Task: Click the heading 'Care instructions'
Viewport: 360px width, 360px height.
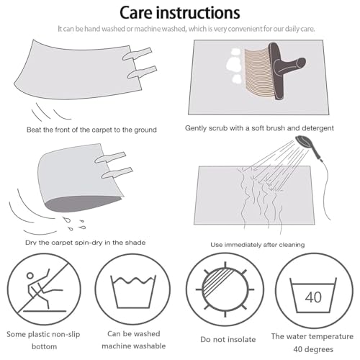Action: coord(180,12)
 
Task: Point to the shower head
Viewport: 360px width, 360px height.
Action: coord(305,142)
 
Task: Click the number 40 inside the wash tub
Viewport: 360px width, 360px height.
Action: coord(313,297)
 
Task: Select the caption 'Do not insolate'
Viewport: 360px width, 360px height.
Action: coord(228,339)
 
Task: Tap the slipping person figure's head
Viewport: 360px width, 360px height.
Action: coord(30,276)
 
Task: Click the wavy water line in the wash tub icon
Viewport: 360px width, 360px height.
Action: coord(133,280)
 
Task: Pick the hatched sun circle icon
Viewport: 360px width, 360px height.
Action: coord(225,289)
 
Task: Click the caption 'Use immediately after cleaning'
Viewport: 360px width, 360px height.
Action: coord(258,245)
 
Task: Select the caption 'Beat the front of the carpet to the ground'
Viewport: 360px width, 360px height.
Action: coord(91,130)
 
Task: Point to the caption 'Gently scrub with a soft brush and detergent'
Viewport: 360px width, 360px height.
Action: coord(259,128)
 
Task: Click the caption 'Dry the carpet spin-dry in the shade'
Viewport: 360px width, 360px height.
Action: coord(85,243)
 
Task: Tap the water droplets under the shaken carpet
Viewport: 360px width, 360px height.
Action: coord(74,224)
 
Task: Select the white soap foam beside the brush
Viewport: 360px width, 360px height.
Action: coord(234,66)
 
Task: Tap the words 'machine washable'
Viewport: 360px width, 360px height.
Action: coord(134,346)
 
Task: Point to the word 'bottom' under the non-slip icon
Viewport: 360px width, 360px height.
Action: coord(45,346)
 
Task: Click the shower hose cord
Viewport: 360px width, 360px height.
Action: coord(325,187)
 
